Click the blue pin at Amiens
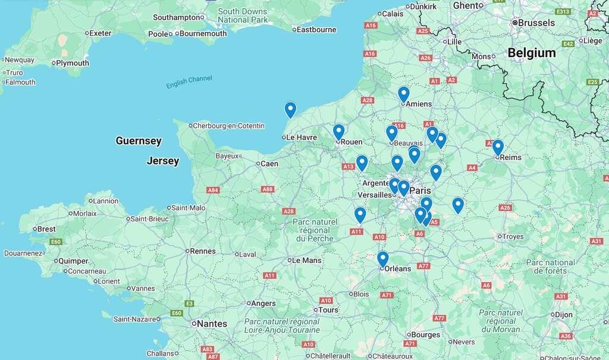point(404,94)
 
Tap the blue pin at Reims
point(498,147)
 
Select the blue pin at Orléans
point(383,259)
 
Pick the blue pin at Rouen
point(339,132)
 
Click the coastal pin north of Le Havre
point(290,109)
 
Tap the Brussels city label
point(536,23)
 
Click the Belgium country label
point(531,53)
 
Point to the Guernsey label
point(139,141)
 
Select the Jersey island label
point(162,161)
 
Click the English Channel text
point(189,83)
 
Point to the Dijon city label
point(564,314)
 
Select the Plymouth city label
point(73,63)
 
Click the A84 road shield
point(213,190)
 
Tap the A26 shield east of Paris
point(505,208)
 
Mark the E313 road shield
point(563,11)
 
